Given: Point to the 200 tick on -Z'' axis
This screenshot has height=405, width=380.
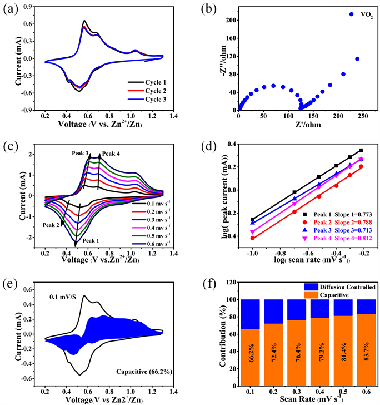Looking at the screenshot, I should click(224, 20).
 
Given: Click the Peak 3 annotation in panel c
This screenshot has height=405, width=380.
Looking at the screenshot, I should click(80, 152).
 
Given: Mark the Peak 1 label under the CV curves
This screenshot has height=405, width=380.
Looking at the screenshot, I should click(93, 240).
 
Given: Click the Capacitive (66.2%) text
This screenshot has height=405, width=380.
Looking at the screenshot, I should click(137, 370).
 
